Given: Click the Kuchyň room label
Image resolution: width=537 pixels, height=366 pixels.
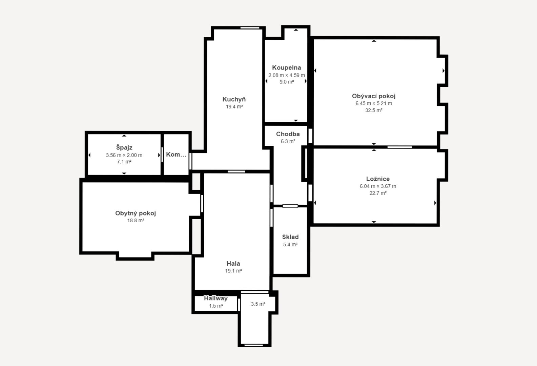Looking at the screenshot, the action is click(234, 99).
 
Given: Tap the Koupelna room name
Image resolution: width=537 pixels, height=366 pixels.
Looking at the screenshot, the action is click(287, 68).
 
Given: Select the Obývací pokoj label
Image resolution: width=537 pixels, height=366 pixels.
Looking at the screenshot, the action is click(374, 96).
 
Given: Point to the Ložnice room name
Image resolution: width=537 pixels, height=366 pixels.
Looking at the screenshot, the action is click(378, 179).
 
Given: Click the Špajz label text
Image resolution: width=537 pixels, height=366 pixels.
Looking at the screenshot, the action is click(124, 147).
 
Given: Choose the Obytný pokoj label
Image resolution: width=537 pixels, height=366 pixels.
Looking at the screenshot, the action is click(136, 213).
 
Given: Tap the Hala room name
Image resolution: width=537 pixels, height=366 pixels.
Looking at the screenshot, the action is click(233, 264).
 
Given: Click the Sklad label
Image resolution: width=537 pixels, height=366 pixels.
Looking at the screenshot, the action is click(290, 237).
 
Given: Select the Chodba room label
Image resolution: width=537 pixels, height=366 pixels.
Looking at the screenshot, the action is click(288, 134).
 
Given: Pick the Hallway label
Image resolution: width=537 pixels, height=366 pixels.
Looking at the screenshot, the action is click(216, 298).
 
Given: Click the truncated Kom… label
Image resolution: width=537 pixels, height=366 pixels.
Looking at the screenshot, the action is click(176, 155).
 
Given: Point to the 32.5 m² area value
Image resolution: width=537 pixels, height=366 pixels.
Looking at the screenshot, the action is click(374, 110).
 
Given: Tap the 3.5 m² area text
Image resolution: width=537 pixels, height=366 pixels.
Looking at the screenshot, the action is click(258, 304).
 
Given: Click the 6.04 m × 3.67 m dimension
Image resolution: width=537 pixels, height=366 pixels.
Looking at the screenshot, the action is click(378, 186).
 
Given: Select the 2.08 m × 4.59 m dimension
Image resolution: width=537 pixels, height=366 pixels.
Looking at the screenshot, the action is click(287, 75).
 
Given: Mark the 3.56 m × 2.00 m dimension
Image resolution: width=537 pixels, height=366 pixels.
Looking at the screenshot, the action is click(124, 155).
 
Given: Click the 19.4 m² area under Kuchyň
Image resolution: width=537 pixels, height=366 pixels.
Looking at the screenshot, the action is click(234, 107).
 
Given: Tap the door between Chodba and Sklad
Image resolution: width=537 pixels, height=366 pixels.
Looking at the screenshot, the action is click(290, 206).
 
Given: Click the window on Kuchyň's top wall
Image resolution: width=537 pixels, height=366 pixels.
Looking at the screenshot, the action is click(250, 28).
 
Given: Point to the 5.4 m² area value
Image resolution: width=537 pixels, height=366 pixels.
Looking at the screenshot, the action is click(290, 245).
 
